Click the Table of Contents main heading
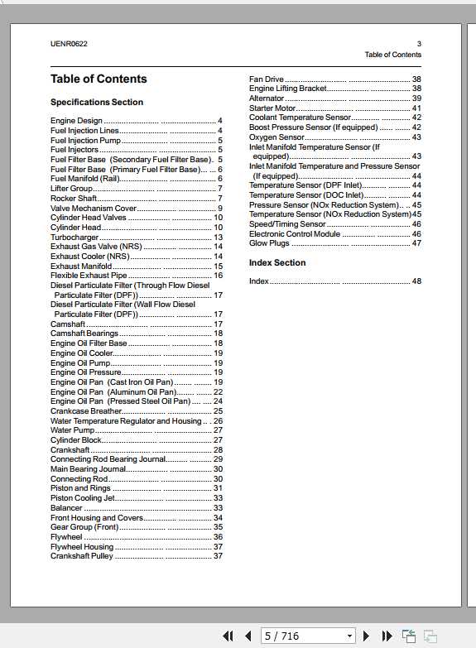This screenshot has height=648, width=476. (x=99, y=79)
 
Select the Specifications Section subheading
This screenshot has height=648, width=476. (x=97, y=103)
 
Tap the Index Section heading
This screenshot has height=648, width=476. (x=277, y=263)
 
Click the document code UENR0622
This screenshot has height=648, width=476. (x=69, y=44)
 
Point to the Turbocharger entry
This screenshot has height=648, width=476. (x=75, y=238)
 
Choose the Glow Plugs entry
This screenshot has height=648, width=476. (x=269, y=243)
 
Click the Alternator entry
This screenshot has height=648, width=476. (x=267, y=98)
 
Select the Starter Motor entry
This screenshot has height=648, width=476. (x=272, y=108)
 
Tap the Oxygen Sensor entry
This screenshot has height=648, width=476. (x=276, y=137)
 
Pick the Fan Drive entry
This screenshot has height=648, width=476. (x=267, y=79)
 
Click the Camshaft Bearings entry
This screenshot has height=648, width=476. (x=84, y=334)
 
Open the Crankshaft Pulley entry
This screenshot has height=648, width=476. (x=82, y=556)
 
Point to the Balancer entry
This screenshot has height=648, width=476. (x=66, y=508)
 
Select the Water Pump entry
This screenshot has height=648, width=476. (x=72, y=430)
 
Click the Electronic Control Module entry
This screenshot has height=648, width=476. (x=295, y=234)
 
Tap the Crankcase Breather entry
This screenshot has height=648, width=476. (x=86, y=411)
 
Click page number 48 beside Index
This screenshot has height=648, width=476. (x=416, y=281)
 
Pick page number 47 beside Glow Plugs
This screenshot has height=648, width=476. (x=416, y=243)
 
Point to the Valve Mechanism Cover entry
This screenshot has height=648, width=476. (x=94, y=209)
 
